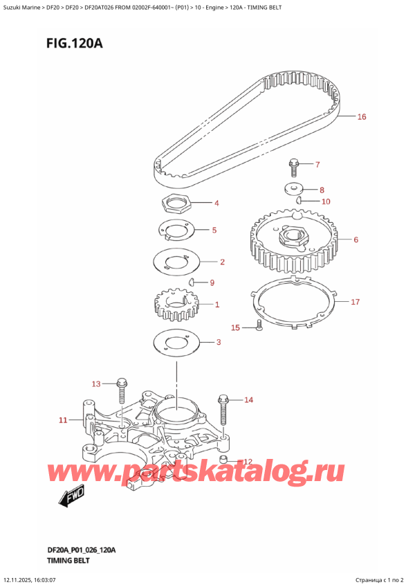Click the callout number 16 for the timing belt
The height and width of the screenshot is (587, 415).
361,117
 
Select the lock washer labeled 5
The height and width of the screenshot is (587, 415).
174,231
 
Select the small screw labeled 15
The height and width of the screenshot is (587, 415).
258,325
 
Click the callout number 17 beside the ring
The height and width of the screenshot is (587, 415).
355,302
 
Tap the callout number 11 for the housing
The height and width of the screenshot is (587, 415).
63,419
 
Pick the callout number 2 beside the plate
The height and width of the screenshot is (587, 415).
222,262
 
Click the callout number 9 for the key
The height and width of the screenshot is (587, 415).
212,282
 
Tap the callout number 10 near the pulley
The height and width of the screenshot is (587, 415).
326,201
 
